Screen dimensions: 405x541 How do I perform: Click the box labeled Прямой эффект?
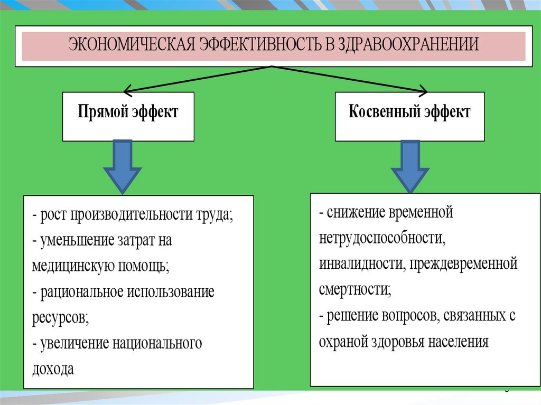[128, 116]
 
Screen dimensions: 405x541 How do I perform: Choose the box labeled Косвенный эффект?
[409, 116]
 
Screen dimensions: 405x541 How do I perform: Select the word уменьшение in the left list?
[76, 241]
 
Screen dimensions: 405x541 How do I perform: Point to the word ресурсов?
[59, 318]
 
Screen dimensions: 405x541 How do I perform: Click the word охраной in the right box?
[343, 341]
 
